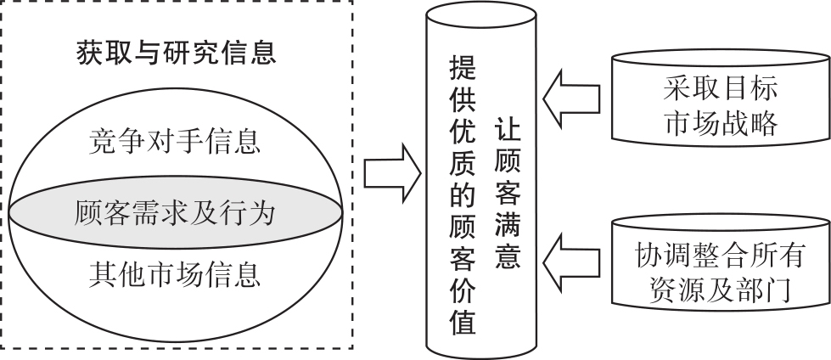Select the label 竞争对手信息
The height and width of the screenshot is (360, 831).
click(174, 140)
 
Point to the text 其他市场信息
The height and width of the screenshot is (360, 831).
click(174, 274)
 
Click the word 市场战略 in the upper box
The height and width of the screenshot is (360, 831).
click(720, 124)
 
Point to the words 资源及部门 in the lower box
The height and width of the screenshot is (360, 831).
click(720, 289)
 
